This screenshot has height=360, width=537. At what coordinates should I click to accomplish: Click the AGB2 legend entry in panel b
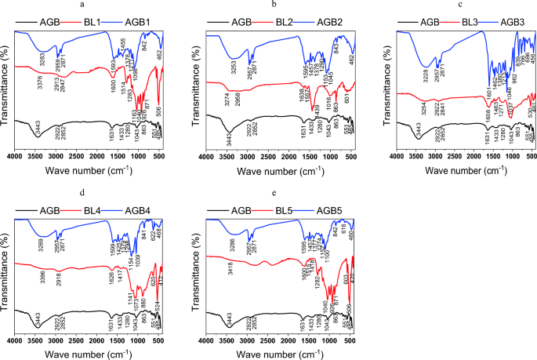pos(330,21)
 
